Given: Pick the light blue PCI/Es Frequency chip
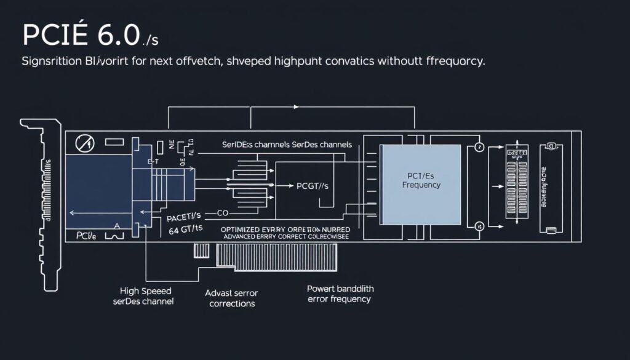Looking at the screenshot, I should pos(421,184).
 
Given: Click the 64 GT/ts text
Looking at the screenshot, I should pos(186,230).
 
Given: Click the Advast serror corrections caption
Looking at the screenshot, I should pos(232,298).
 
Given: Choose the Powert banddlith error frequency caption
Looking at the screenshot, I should pos(340,294).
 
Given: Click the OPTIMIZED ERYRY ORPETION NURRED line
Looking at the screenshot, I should pos(285,228).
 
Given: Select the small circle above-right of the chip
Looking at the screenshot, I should pos(479,147).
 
